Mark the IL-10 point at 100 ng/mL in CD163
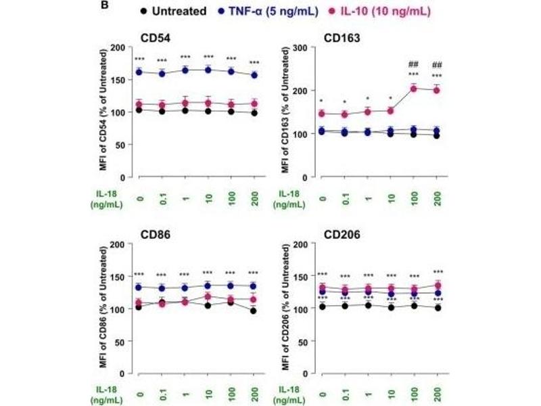click(x=413, y=89)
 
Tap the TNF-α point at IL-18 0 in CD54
click(x=139, y=71)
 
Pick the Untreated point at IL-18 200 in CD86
click(x=254, y=311)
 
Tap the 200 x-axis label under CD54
click(x=254, y=196)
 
